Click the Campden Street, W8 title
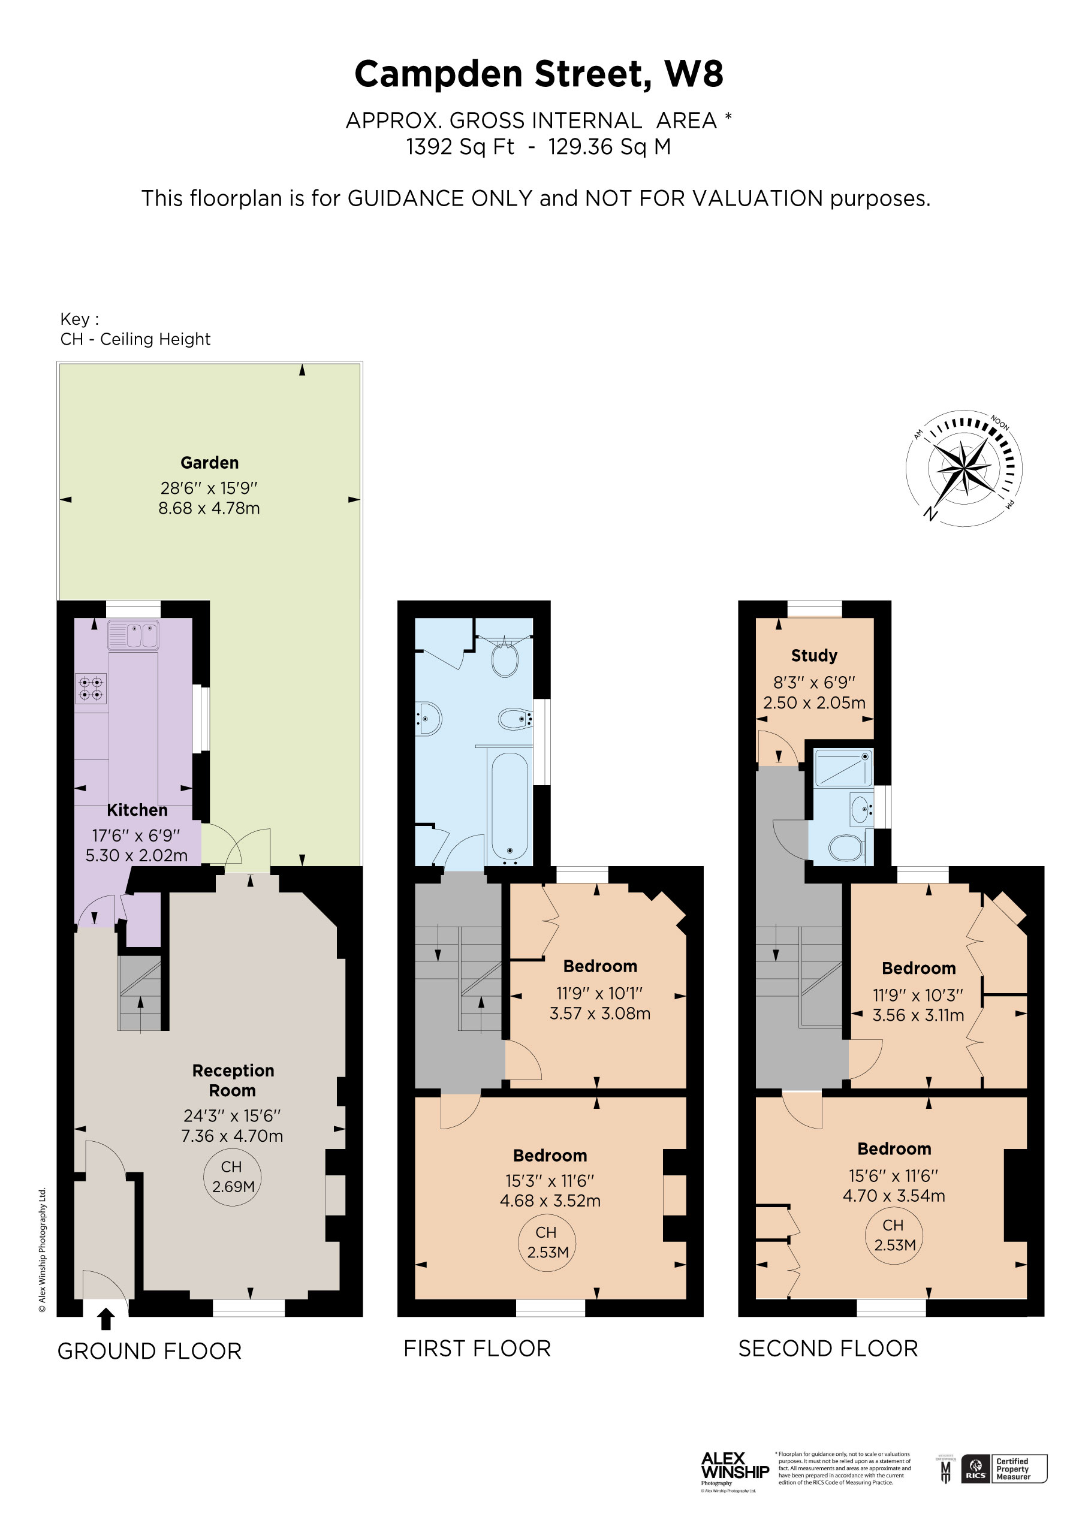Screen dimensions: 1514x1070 pos(538,74)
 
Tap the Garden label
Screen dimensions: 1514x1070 pos(209,463)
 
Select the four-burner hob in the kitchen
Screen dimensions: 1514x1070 pos(91,689)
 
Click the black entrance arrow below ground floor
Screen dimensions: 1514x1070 pos(106,1319)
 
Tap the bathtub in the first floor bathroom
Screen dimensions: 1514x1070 pos(510,807)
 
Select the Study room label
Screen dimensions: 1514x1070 pos(814,656)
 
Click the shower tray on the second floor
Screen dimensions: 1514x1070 pos(843,768)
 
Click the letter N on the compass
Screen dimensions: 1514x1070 pos(930,514)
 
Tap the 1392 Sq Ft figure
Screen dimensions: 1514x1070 pos(460,146)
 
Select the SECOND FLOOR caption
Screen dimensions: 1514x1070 pos(828,1349)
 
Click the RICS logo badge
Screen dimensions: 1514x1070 pos(976,1468)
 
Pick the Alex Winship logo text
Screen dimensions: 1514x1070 pos(734,1467)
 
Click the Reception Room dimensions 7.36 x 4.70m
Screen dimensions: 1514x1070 pos(232,1135)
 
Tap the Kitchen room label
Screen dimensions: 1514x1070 pos(137,810)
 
